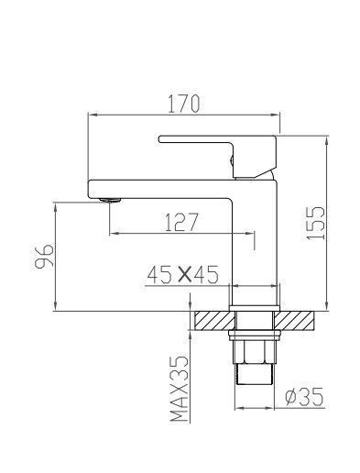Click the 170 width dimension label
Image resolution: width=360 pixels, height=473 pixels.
184,104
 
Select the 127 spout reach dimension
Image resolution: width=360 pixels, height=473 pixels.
181,222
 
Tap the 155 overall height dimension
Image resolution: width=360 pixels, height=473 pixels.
316,224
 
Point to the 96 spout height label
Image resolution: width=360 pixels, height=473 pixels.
44,256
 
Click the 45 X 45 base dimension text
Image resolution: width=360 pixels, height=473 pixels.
182,274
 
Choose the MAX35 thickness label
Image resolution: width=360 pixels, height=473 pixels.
179,389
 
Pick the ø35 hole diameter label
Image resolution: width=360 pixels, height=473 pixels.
304,397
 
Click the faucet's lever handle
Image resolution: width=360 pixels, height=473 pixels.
217,155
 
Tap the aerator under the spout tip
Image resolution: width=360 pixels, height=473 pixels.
110,200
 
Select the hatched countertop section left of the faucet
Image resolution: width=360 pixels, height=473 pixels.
214,321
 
